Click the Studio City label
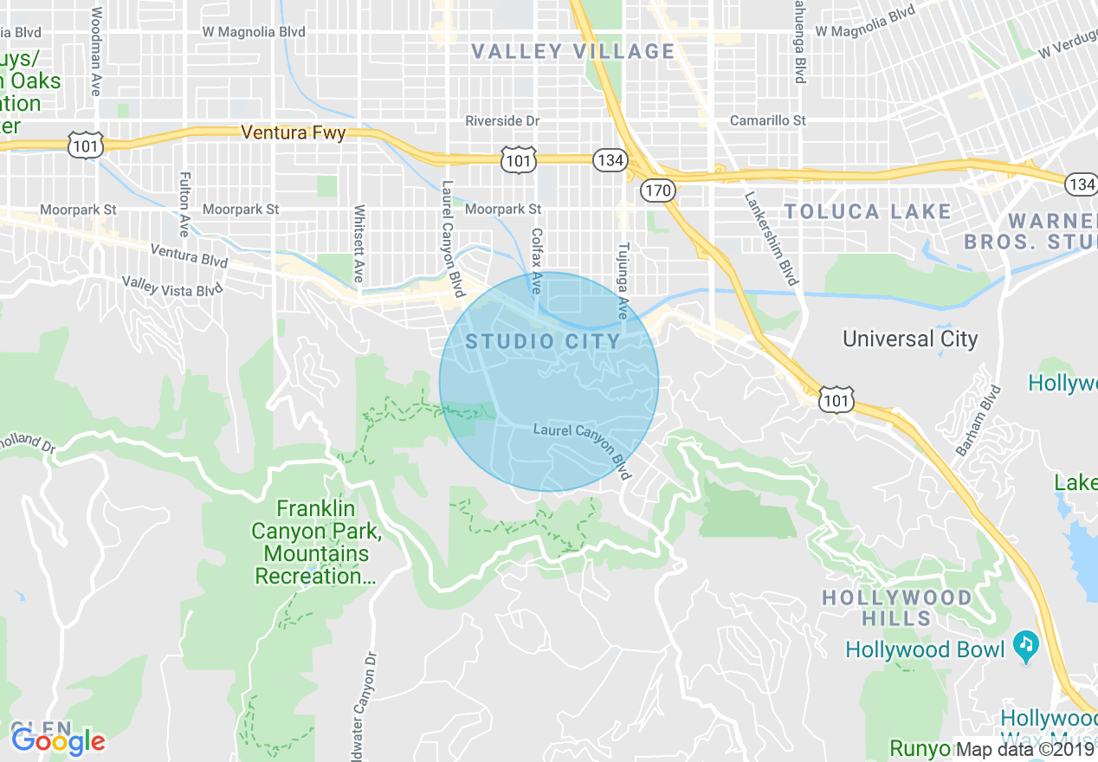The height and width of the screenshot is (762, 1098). coord(543,341)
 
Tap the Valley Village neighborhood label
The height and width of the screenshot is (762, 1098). coord(572,52)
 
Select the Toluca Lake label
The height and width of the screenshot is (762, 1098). coord(868,212)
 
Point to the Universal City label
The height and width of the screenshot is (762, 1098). coord(910,339)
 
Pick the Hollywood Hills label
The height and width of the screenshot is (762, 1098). coord(896,608)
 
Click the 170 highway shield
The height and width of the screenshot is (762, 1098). coord(657,190)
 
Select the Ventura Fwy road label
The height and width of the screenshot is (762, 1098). coord(294,133)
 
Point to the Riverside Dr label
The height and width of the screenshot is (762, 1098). coord(502,121)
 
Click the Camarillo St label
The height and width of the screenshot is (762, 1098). coord(767,121)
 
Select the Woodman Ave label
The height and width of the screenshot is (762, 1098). coord(95,51)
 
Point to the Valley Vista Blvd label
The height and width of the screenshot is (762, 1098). coord(172,287)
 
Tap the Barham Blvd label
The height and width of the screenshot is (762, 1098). coord(976,421)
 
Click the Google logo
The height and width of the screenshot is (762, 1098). coord(59,740)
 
